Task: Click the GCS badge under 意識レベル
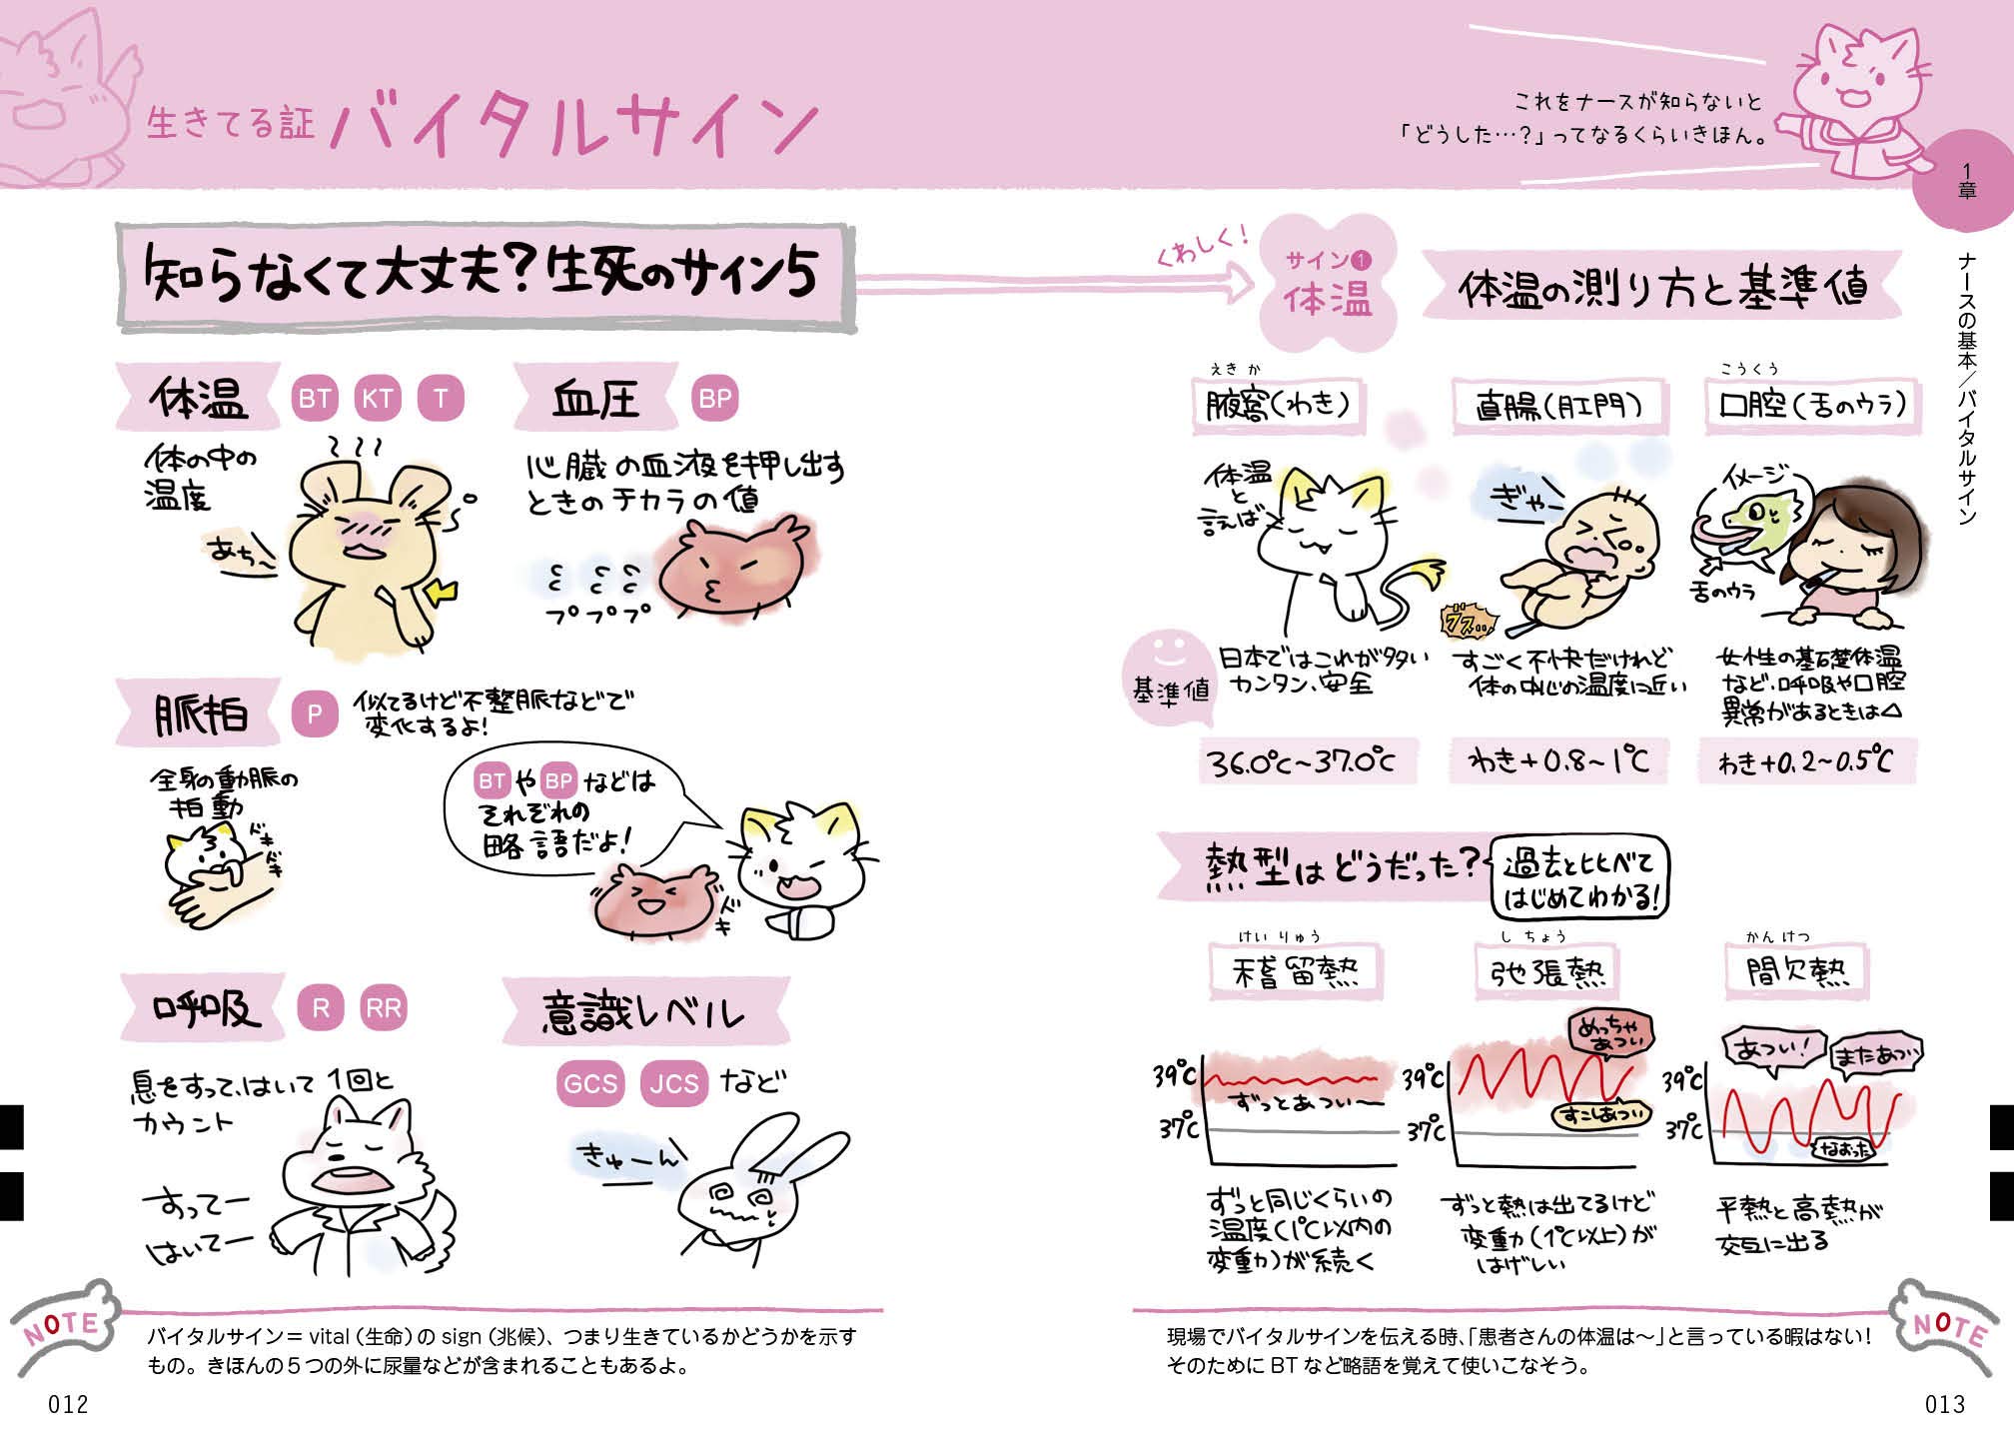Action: coord(590,1083)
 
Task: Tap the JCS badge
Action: coord(673,1083)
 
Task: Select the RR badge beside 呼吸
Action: coord(384,1008)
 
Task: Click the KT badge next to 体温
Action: coord(377,399)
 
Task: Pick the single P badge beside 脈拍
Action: coord(315,714)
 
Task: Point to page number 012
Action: coord(68,1404)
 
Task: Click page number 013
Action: coord(1944,1404)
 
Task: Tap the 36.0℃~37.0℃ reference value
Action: coord(1300,762)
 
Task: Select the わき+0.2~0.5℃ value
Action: coord(1805,762)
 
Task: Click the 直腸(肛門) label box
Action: coord(1558,406)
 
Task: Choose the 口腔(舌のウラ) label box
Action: coord(1811,405)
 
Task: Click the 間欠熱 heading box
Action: coord(1796,970)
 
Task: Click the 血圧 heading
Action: coord(596,400)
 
